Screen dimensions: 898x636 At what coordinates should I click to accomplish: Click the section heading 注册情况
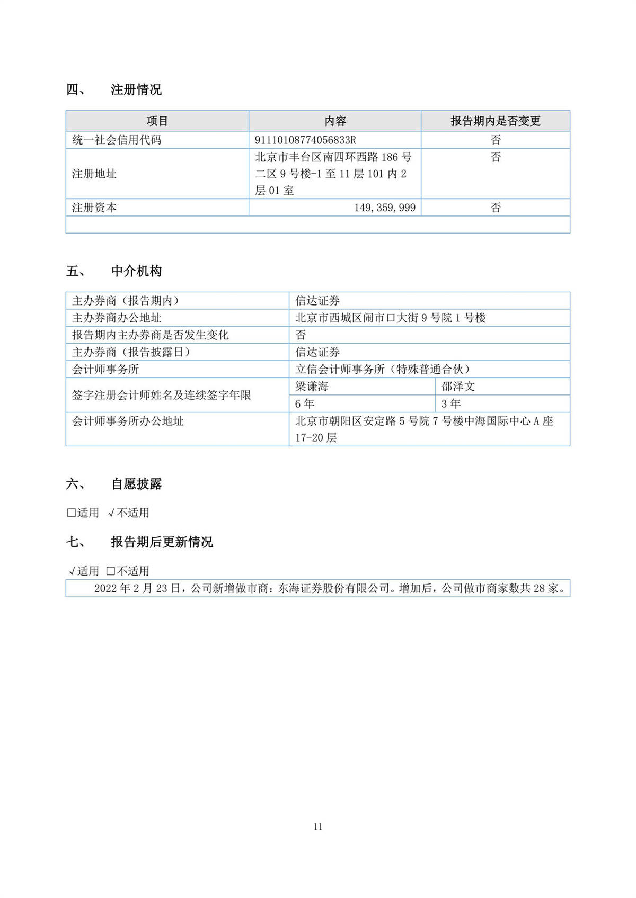(136, 90)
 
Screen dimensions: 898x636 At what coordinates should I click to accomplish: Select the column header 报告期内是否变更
(495, 121)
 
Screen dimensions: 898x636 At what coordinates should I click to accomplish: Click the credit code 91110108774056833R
(305, 140)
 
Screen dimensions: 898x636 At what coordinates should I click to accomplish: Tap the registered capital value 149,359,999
(385, 208)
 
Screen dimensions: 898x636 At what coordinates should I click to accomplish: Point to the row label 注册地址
(94, 174)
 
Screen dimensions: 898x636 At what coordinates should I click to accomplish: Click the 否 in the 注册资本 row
(495, 208)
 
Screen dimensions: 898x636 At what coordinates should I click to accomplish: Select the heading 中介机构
(136, 272)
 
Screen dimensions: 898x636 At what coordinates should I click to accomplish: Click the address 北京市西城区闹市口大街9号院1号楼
(390, 318)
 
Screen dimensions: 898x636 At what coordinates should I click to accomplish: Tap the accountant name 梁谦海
(312, 387)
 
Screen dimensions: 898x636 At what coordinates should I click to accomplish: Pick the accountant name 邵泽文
(458, 387)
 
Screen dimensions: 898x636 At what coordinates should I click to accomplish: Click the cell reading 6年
(305, 404)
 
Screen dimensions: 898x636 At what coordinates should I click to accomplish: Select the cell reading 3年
(451, 404)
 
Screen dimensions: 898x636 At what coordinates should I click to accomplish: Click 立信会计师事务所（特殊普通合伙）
(383, 369)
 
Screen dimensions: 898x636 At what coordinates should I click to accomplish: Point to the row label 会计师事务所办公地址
(128, 421)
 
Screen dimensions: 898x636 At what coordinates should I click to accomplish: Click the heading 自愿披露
(136, 484)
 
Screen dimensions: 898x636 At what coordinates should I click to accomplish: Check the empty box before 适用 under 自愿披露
(71, 513)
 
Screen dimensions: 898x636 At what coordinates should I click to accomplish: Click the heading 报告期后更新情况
(162, 542)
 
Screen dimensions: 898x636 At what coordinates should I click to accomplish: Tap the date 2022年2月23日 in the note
(137, 588)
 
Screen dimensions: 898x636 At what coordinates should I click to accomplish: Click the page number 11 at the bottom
(318, 827)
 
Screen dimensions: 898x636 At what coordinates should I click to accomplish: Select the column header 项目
(157, 121)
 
